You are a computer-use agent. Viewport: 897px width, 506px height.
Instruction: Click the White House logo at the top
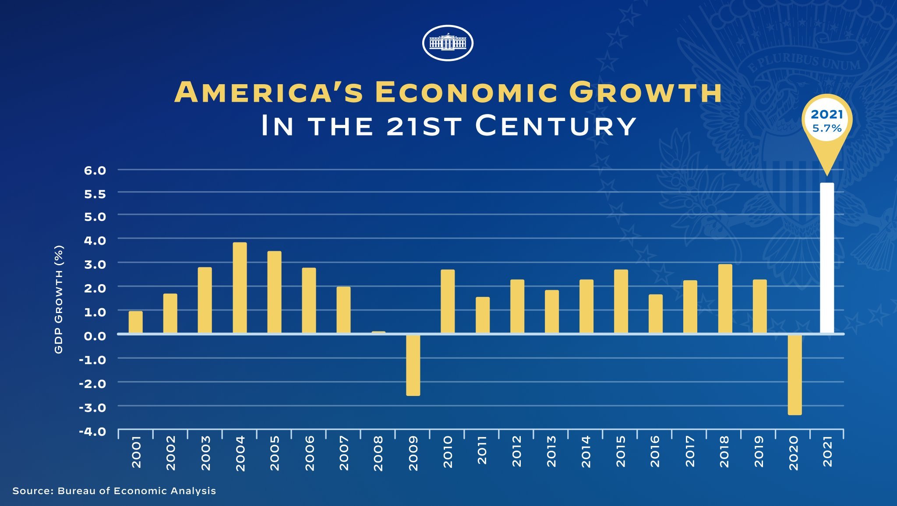tap(448, 43)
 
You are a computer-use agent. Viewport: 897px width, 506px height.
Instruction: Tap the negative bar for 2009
tap(413, 365)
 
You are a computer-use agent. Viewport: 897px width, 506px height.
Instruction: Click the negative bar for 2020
tap(795, 374)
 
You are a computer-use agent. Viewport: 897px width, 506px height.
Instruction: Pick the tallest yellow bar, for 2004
tap(240, 288)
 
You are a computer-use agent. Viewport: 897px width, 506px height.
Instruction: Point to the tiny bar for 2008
tap(378, 332)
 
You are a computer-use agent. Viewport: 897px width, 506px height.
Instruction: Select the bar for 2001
tap(136, 322)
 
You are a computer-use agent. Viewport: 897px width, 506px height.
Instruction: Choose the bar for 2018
tap(725, 299)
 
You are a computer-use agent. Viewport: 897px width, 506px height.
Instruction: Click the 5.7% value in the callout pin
tap(827, 128)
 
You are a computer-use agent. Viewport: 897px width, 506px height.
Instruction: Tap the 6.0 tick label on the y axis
tap(95, 171)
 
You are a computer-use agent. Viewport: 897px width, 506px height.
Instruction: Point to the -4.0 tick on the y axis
tap(92, 431)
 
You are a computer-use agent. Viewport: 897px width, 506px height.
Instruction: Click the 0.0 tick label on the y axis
tap(95, 336)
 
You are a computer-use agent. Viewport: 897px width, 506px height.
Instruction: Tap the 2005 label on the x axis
tap(275, 453)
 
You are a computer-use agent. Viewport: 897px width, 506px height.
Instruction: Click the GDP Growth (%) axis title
tap(59, 299)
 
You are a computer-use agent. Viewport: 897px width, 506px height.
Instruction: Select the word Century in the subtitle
tap(555, 126)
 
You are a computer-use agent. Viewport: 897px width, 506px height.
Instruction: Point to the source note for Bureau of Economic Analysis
tap(114, 491)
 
